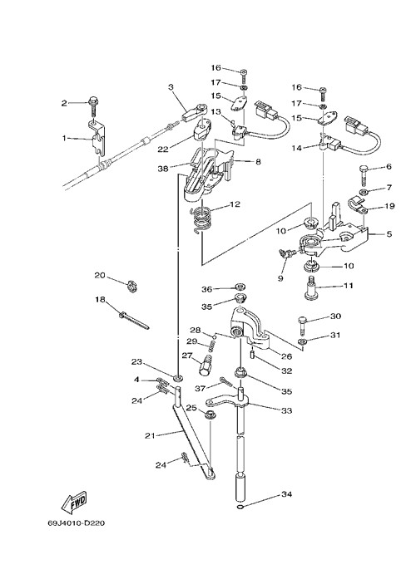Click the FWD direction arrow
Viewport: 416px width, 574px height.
click(x=74, y=500)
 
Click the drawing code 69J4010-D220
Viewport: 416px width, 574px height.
click(x=77, y=523)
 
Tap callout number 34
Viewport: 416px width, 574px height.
click(x=286, y=494)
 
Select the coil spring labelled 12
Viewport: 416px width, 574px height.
click(x=201, y=218)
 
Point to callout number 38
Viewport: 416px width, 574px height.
click(x=163, y=169)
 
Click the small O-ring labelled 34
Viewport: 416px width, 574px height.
click(x=240, y=507)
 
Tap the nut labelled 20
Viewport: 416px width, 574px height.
click(x=131, y=286)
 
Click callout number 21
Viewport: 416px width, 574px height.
click(x=151, y=435)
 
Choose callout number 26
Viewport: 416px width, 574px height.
click(x=286, y=356)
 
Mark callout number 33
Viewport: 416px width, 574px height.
click(x=286, y=411)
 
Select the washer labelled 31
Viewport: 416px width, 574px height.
click(x=303, y=342)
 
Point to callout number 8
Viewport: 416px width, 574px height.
click(x=258, y=161)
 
